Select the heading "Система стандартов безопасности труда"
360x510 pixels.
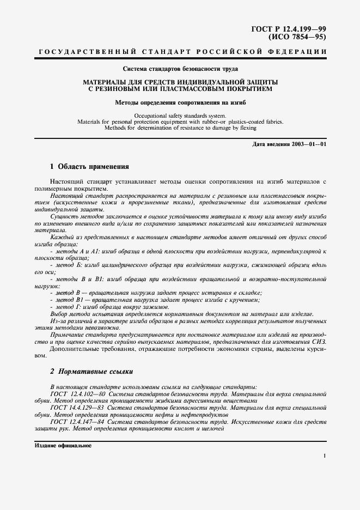tap(180, 69)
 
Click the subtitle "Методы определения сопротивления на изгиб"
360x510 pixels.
tap(180, 102)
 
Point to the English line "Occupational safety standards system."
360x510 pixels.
tap(180, 116)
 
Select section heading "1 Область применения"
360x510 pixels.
tap(90, 166)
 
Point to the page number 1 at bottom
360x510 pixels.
tap(324, 456)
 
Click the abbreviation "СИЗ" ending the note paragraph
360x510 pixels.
tap(318, 341)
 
